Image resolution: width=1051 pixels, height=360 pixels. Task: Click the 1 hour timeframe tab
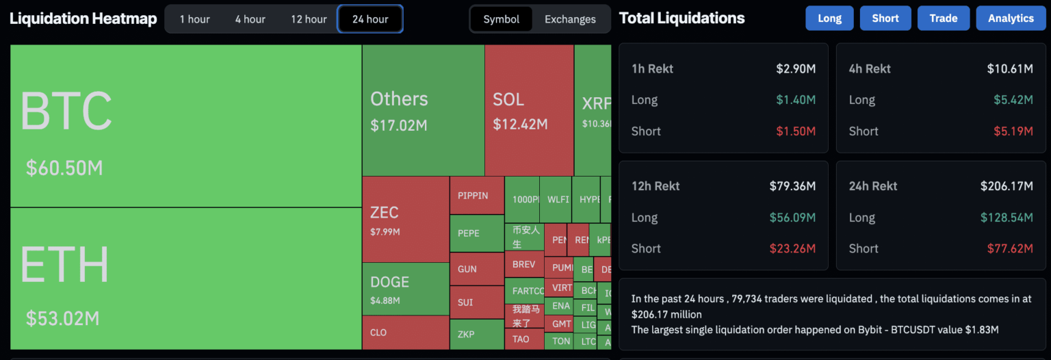tap(194, 19)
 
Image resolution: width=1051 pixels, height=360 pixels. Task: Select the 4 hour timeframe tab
tap(250, 19)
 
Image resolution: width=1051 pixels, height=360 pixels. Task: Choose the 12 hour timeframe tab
tap(309, 19)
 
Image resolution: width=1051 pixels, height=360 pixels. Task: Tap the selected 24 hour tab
tap(370, 19)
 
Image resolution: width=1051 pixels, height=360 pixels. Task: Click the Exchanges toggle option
tap(570, 19)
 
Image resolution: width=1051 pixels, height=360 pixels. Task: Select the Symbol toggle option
tap(502, 19)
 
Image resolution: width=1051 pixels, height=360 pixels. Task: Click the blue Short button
tap(885, 18)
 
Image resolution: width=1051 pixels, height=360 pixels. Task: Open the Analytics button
tap(1011, 18)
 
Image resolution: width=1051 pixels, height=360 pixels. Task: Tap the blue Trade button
tap(944, 18)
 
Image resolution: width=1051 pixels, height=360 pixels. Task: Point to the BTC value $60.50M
tap(64, 168)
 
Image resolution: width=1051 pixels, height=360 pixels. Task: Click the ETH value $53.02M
tap(63, 318)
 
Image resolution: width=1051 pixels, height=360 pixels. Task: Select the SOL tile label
tap(508, 99)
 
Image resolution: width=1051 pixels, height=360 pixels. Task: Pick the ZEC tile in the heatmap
tap(405, 219)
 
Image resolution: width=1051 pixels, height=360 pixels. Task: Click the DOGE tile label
tap(389, 282)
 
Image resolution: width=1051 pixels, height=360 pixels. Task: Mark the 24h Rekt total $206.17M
tap(1007, 186)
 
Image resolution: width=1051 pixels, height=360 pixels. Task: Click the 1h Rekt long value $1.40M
tap(796, 100)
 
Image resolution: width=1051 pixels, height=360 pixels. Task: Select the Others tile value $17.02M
tap(399, 125)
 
